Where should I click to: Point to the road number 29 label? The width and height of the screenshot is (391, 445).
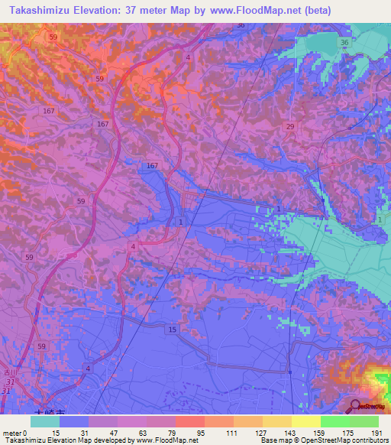[289, 126]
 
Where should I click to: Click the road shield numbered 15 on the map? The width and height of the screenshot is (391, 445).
[172, 329]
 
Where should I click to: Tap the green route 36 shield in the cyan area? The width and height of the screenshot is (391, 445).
[345, 43]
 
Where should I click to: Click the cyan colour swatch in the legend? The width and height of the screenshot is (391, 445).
[45, 421]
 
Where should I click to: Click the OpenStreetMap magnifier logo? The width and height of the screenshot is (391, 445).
[355, 406]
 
